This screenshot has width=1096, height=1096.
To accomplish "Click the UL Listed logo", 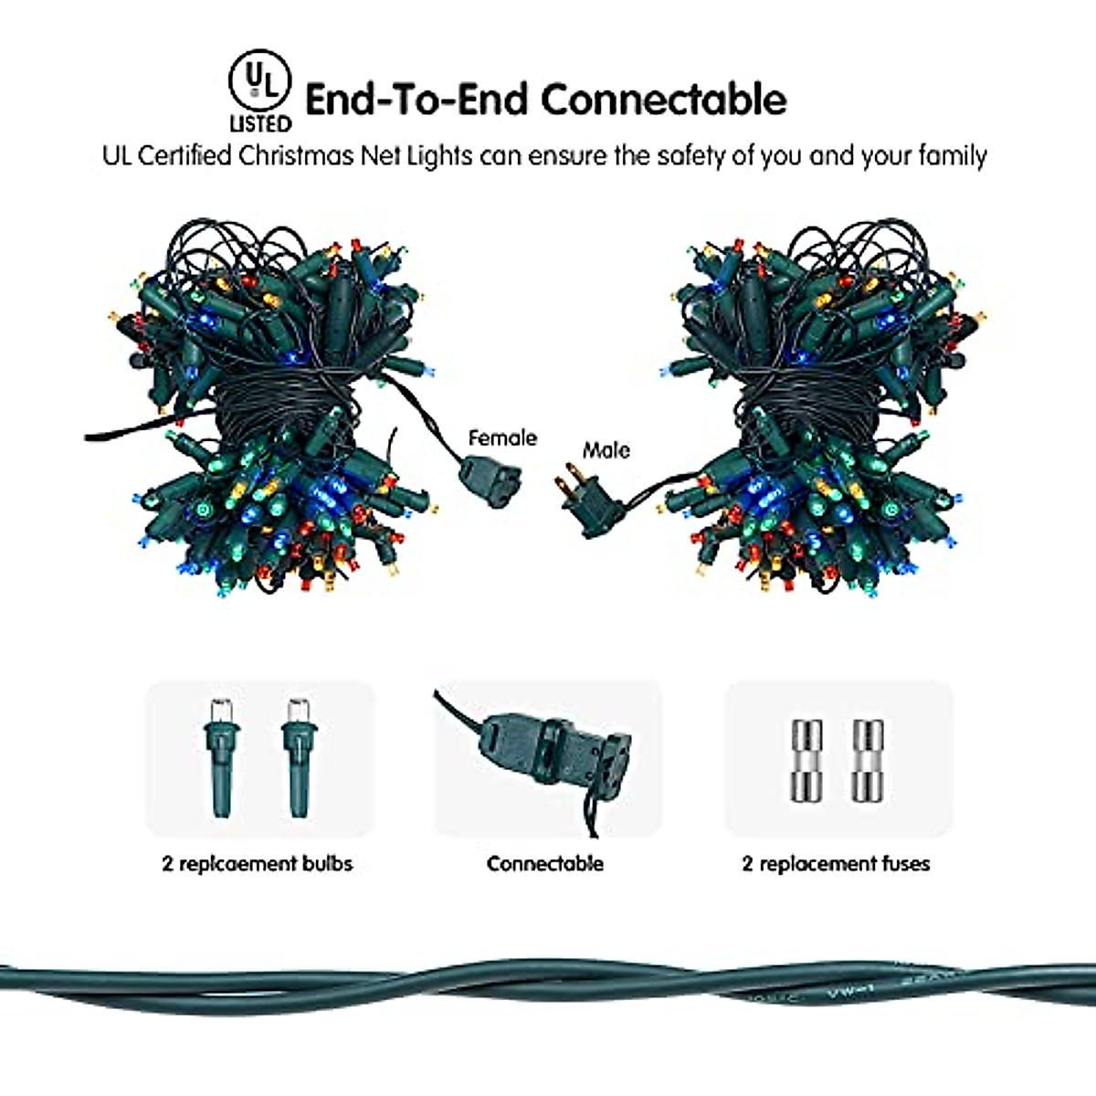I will point(259,90).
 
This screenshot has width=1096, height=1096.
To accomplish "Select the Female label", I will point(502,438).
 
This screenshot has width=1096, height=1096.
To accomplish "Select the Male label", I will point(606,449).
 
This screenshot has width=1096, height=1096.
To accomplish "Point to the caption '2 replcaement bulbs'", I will point(258,863).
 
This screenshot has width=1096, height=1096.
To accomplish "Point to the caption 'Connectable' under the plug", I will point(545,863).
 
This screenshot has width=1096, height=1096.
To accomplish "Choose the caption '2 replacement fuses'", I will point(836,863).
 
